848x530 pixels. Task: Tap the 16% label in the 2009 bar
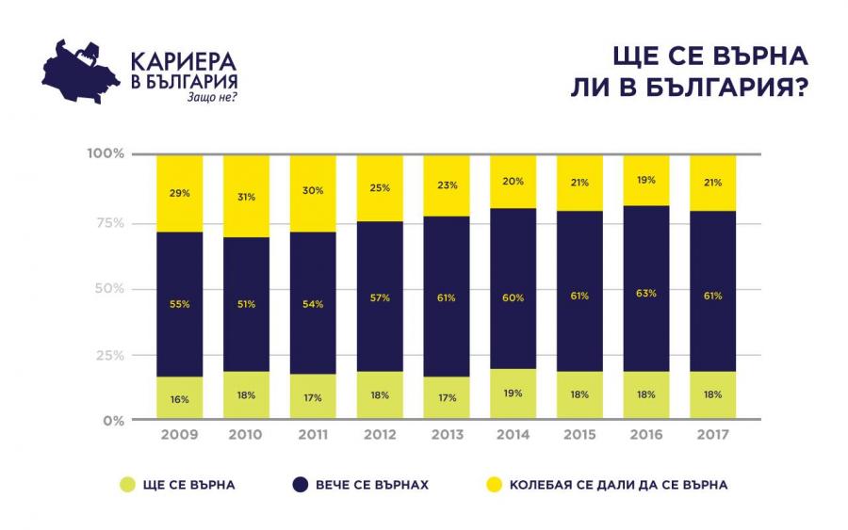[x=179, y=399]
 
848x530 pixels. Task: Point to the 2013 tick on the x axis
[x=447, y=435]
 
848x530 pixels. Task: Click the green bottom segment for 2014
[x=513, y=393]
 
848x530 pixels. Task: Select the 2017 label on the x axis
[x=712, y=435]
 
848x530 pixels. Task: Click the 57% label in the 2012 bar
[x=380, y=299]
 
